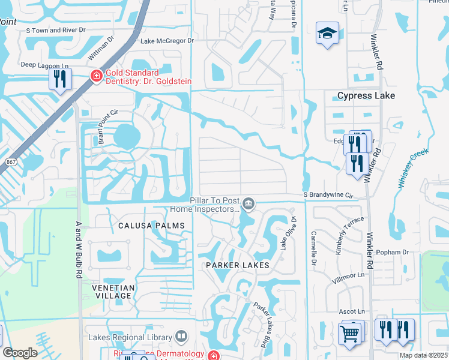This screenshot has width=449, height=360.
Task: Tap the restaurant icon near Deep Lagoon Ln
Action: pos(60,79)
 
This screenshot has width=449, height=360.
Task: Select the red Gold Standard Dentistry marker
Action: pos(95,76)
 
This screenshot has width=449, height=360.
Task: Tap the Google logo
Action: pos(20,353)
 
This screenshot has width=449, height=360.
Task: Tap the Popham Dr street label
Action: pos(395,253)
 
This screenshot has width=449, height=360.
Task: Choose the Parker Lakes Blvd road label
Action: pos(259,324)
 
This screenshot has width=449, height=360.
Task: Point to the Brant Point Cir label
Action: pos(103,128)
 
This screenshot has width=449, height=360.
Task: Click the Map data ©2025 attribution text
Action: pos(423,355)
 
